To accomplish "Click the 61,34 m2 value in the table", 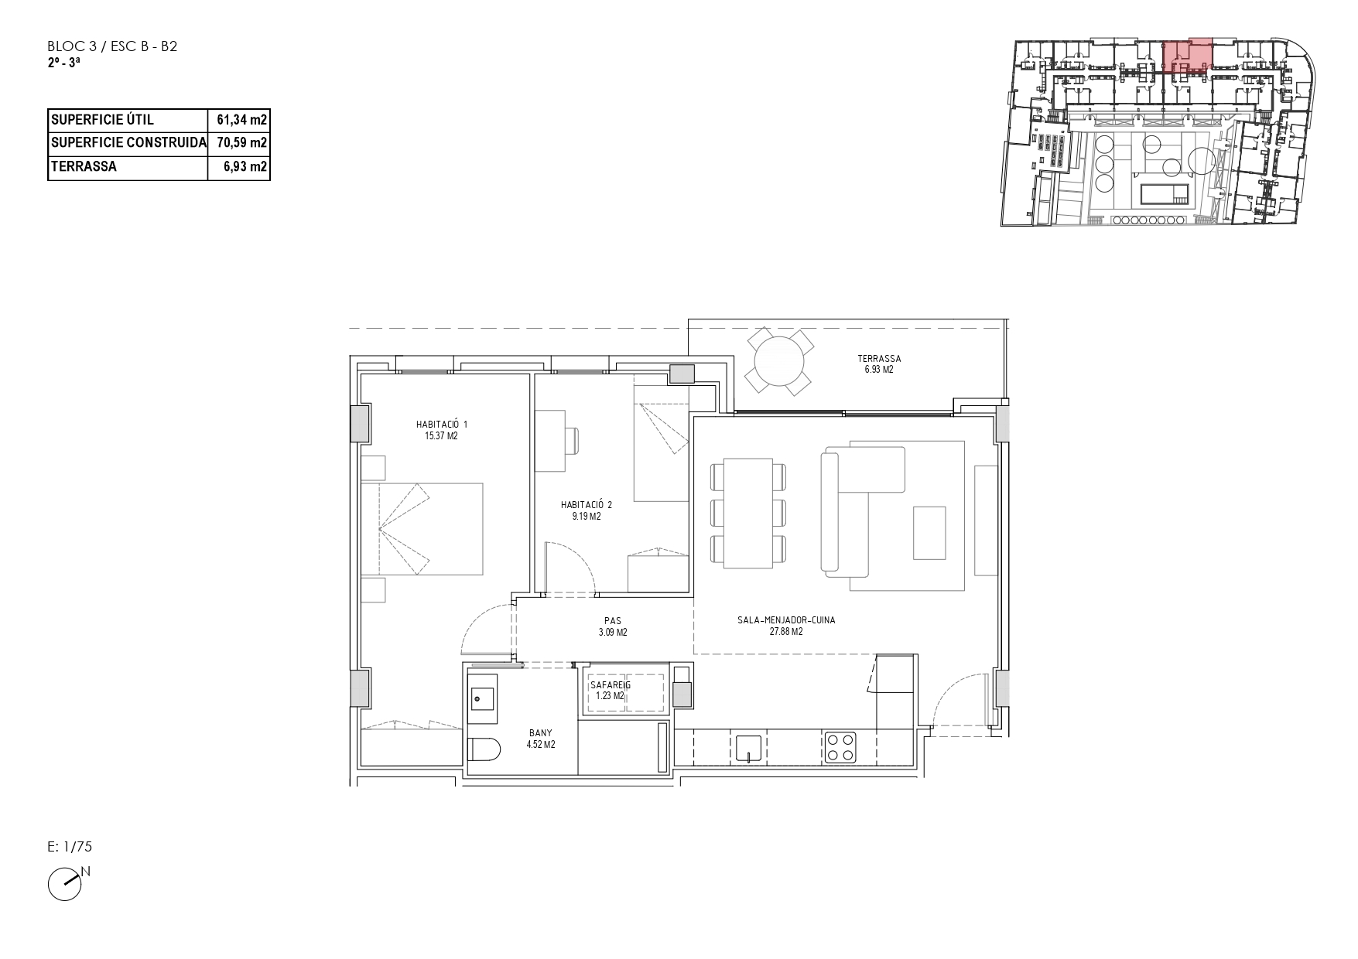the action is [241, 120].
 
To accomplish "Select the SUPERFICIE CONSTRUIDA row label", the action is [128, 143].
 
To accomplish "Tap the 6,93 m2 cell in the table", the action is [245, 166].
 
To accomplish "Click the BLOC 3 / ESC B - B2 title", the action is [112, 46].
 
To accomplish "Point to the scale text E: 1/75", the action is [70, 847].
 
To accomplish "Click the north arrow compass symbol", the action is [66, 884].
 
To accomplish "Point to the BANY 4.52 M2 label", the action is [541, 739].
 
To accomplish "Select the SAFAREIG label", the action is [611, 685].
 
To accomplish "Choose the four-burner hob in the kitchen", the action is [840, 746].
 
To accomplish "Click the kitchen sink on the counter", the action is [748, 748].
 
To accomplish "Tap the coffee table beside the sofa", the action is [929, 532].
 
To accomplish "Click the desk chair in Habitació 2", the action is [573, 441].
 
